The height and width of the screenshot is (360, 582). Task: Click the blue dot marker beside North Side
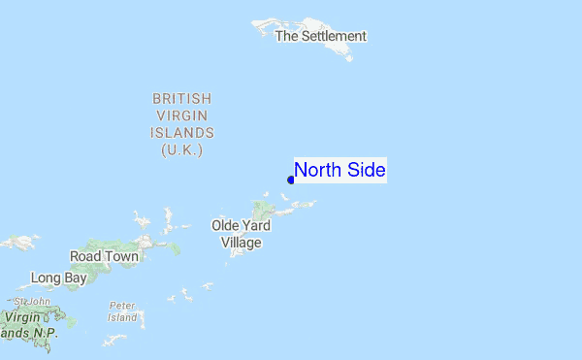click(x=291, y=180)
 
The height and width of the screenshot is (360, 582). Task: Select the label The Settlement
click(x=320, y=36)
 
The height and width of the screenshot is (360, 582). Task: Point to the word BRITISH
click(x=181, y=99)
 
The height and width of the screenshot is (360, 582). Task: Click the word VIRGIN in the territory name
click(x=182, y=115)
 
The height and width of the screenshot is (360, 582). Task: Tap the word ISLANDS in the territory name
click(x=182, y=133)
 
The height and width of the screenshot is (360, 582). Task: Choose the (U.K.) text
click(x=182, y=150)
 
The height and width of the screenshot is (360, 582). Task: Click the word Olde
click(x=226, y=226)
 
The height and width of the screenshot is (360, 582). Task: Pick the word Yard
click(x=257, y=226)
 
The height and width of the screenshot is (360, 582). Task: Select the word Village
click(x=242, y=243)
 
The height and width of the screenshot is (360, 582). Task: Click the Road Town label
click(x=105, y=256)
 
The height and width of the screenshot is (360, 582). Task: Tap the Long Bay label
click(x=58, y=278)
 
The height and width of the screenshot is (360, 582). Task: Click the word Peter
click(x=122, y=306)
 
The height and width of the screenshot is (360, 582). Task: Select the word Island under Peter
click(x=122, y=317)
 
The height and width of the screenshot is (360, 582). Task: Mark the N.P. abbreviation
click(x=45, y=333)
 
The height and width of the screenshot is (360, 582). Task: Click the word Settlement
click(x=334, y=36)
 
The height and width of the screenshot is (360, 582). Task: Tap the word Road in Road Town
click(x=85, y=256)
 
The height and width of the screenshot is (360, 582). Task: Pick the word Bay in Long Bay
click(x=75, y=278)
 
